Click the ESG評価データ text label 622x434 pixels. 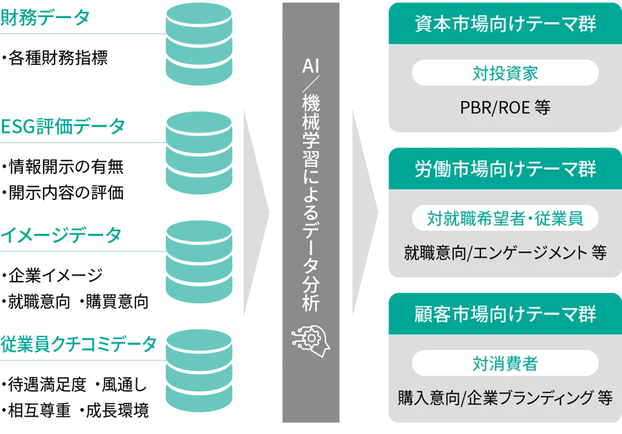click(62, 126)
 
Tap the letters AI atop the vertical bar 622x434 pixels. click(312, 66)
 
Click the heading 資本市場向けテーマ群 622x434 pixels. click(505, 25)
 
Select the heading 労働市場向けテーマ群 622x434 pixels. click(505, 170)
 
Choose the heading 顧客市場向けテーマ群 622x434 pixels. click(505, 314)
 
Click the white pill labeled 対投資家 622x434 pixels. click(505, 73)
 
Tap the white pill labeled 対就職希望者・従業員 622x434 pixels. click(505, 218)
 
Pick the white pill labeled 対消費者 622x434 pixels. click(505, 363)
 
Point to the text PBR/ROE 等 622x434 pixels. click(505, 109)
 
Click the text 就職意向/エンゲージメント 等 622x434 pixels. click(505, 253)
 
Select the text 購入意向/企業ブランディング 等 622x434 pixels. click(505, 398)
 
